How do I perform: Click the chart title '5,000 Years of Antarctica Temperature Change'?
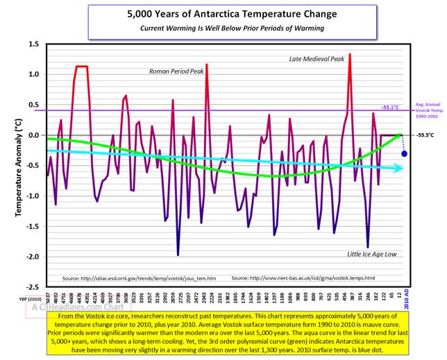click(x=223, y=13)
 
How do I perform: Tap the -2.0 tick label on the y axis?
click(x=31, y=257)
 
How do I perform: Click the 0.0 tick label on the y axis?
click(x=33, y=135)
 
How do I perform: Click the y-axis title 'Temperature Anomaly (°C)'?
click(x=15, y=163)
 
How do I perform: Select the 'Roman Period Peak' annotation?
click(x=178, y=71)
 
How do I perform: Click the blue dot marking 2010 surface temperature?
click(x=404, y=153)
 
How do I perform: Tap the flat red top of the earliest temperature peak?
click(x=81, y=67)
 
